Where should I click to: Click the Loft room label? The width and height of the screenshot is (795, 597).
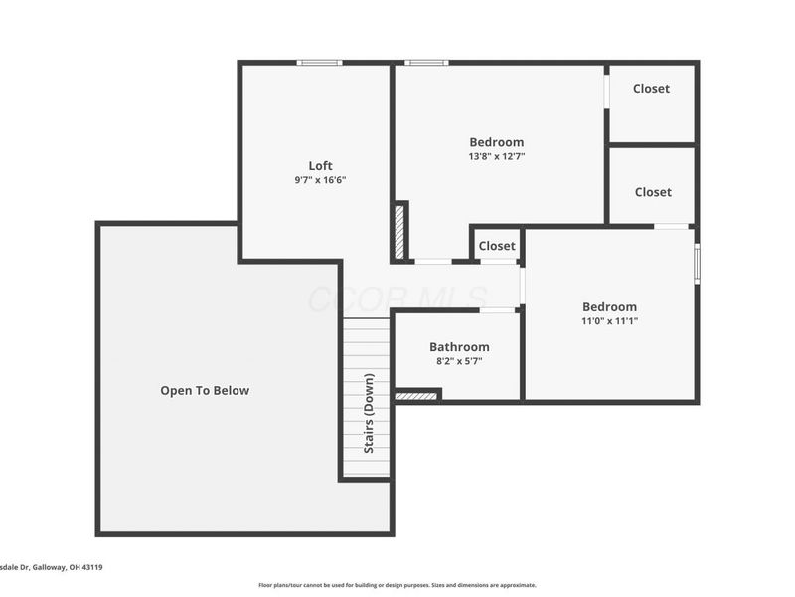tap(320, 165)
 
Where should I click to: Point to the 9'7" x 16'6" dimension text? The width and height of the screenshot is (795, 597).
tap(320, 180)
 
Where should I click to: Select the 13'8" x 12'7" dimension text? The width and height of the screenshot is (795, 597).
tap(496, 156)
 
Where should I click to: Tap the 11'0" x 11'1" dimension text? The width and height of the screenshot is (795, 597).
tap(609, 321)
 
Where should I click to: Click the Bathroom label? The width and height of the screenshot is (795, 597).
tap(459, 346)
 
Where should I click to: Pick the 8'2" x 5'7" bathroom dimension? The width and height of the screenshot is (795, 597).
tap(459, 361)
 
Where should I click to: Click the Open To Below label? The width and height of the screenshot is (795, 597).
tap(205, 391)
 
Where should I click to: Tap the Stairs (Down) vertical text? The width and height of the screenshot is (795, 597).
tap(368, 414)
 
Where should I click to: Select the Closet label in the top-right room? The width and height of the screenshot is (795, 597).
tap(651, 89)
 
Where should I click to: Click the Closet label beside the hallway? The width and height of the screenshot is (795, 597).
tap(497, 246)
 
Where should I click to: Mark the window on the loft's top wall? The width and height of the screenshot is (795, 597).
tap(320, 63)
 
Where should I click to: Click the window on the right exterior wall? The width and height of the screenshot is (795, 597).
tap(697, 263)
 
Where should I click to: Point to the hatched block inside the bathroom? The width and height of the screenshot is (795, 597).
tap(416, 397)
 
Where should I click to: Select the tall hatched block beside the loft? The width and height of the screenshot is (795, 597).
tap(400, 233)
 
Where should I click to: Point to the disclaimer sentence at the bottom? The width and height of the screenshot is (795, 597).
tap(397, 585)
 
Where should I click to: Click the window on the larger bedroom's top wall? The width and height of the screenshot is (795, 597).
tap(426, 63)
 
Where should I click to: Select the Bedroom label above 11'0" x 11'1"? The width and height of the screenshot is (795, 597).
tap(609, 306)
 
